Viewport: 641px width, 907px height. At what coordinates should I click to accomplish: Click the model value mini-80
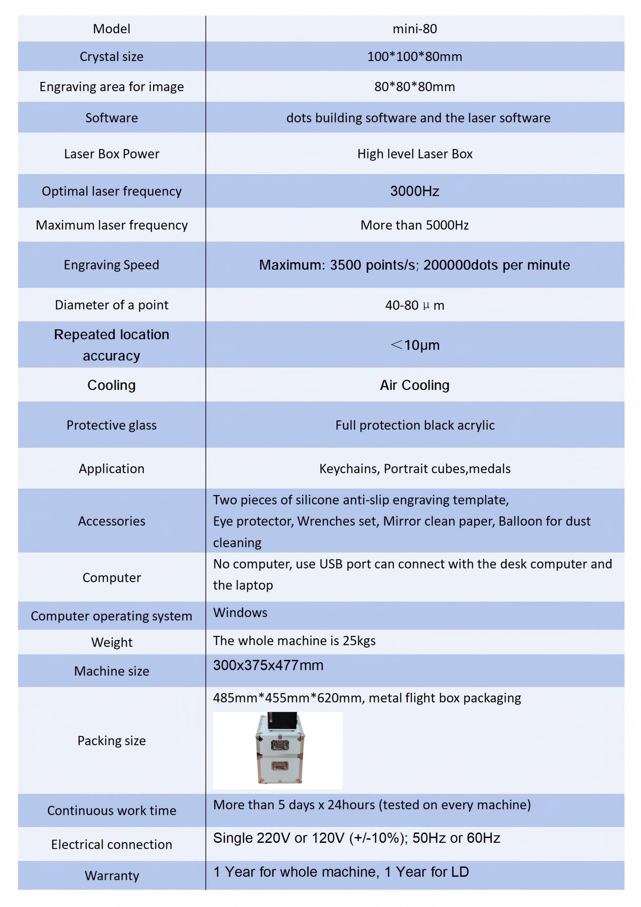coord(414,29)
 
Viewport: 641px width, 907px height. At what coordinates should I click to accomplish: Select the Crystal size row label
coord(111,57)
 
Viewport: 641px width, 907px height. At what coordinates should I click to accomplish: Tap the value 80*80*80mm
coord(414,86)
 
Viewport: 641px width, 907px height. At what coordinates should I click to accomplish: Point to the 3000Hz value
coord(414,191)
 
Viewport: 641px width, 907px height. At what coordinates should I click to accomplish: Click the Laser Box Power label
coord(111,154)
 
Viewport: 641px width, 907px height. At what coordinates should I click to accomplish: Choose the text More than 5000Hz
coord(414,225)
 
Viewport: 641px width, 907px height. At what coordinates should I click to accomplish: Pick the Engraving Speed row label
coord(111,265)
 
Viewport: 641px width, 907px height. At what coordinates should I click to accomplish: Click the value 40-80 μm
coord(414,305)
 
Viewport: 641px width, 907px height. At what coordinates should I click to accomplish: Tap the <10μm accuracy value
coord(414,345)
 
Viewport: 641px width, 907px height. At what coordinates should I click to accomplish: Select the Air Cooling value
coord(414,385)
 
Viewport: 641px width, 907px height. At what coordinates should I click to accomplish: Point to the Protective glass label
coord(111,425)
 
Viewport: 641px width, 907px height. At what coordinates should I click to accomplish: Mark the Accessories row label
coord(111,521)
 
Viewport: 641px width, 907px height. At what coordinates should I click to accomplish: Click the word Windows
coord(240,613)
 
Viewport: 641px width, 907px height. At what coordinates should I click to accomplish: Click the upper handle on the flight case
coord(280,745)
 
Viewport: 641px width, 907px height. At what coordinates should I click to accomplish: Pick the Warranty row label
coord(111,876)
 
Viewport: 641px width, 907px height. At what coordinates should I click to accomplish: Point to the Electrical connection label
coord(111,845)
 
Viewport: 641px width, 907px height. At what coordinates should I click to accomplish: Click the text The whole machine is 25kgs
coord(294,641)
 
